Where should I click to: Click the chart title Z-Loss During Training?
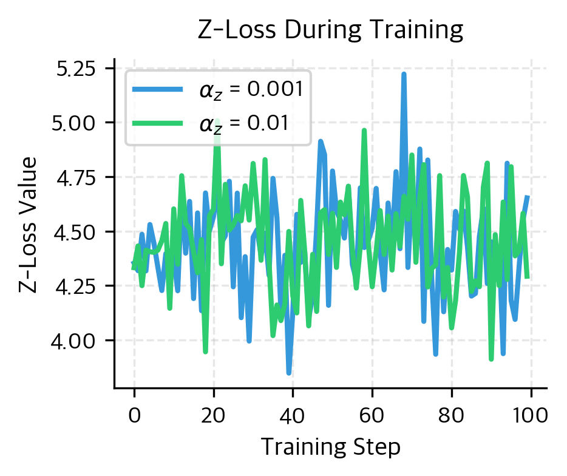pyautogui.click(x=331, y=30)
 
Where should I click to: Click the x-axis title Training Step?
pyautogui.click(x=331, y=447)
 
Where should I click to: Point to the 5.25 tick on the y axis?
pyautogui.click(x=77, y=69)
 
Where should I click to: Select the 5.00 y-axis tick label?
pyautogui.click(x=77, y=123)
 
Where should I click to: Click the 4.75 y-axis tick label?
pyautogui.click(x=77, y=177)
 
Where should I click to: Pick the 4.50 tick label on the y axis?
pyautogui.click(x=77, y=232)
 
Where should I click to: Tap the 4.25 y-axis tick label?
pyautogui.click(x=77, y=286)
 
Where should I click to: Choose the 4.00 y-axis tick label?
pyautogui.click(x=77, y=341)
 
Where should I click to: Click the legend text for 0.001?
pyautogui.click(x=251, y=90)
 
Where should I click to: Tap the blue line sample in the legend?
pyautogui.click(x=157, y=90)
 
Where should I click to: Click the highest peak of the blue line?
pyautogui.click(x=404, y=74)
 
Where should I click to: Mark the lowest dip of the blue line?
pyautogui.click(x=289, y=373)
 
